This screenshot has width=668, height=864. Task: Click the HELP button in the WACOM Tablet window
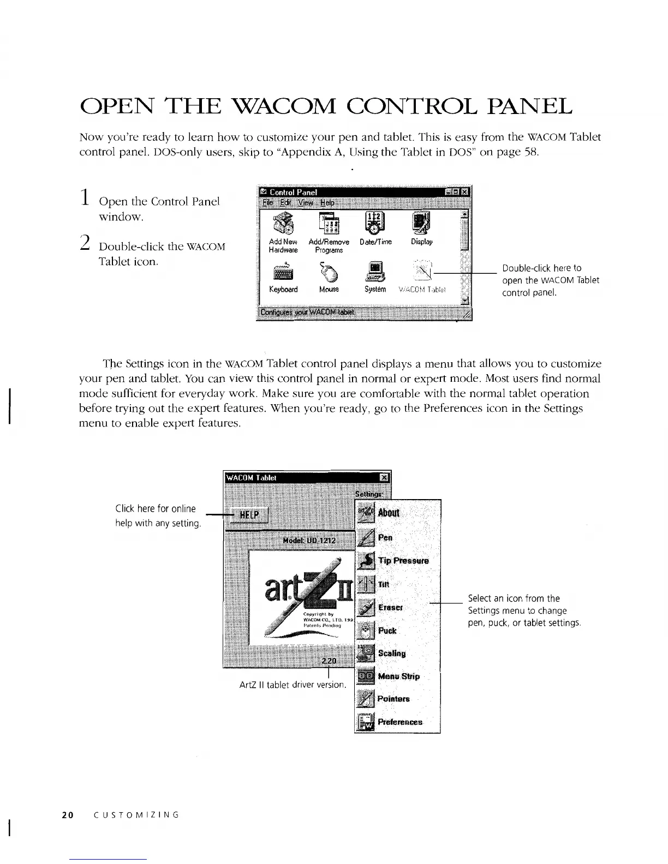(249, 515)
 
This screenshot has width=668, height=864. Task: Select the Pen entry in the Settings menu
(385, 538)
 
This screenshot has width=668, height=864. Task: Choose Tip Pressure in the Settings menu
(403, 561)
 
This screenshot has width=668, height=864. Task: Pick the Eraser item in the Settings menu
(390, 607)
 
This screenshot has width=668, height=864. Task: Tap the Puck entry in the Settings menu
(387, 631)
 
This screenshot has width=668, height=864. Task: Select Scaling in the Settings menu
(391, 653)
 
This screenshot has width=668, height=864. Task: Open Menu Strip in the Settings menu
(398, 676)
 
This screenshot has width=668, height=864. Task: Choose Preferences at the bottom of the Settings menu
(399, 722)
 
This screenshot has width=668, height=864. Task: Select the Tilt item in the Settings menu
(384, 584)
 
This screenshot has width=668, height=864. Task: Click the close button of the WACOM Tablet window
(384, 477)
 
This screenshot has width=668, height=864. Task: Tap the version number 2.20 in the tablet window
(329, 661)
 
